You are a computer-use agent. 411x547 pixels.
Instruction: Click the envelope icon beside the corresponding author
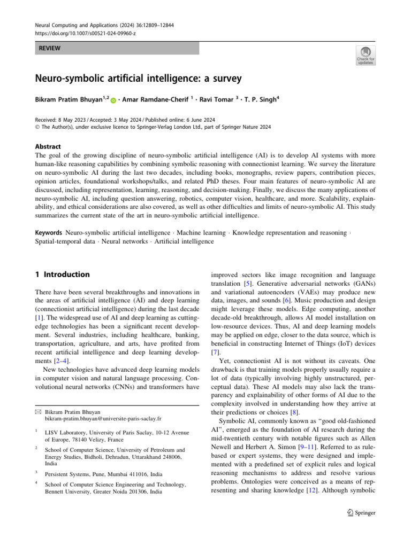tap(37, 412)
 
